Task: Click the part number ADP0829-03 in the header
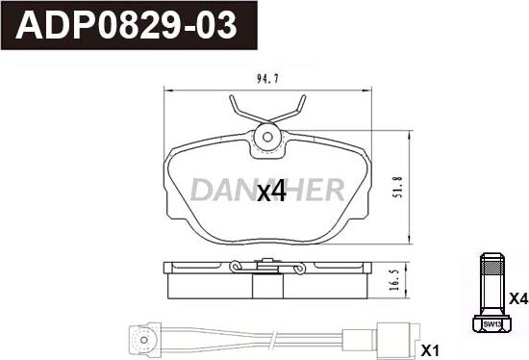click(126, 26)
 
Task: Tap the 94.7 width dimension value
click(267, 79)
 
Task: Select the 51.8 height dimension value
click(398, 187)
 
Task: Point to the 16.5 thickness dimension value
click(394, 280)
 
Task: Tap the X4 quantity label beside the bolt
click(518, 298)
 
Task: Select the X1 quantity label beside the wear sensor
click(430, 351)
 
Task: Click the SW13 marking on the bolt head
click(492, 324)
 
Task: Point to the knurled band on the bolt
click(492, 268)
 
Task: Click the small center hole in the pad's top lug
click(267, 137)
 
